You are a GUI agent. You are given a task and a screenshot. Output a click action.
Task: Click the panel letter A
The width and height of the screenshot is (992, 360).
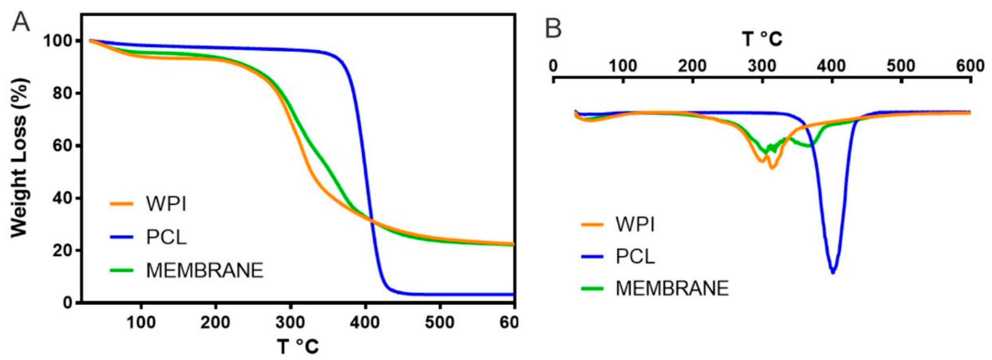(21, 22)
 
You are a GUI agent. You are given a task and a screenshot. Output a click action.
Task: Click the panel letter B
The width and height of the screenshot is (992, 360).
(553, 29)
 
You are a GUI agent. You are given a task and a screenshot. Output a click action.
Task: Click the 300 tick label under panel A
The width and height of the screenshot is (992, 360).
(290, 322)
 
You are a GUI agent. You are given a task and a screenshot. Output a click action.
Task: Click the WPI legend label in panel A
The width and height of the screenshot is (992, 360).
(166, 204)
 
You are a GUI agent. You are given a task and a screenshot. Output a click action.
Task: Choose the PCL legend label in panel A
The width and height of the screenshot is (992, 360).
(166, 237)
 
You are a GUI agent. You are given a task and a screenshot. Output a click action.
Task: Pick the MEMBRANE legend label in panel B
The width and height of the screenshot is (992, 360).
(672, 288)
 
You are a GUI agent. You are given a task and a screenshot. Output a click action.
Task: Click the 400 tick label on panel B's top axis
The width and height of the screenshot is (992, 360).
(831, 66)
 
